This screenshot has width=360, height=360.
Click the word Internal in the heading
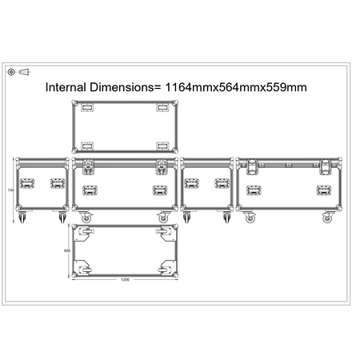tap(69, 87)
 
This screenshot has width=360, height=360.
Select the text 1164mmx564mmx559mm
tap(237, 87)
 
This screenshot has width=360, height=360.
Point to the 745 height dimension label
tap(10, 190)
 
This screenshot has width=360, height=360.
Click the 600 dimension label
tap(66, 251)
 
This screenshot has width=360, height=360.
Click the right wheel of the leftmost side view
tap(60, 217)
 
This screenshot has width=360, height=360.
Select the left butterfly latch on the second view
tap(87, 166)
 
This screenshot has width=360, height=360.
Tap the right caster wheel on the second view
tap(164, 217)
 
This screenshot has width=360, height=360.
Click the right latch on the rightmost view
tap(326, 166)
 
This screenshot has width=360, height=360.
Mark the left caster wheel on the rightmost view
tap(250, 217)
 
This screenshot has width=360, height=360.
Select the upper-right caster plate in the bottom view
tap(166, 234)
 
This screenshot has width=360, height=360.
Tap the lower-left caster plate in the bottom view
tap(83, 267)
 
